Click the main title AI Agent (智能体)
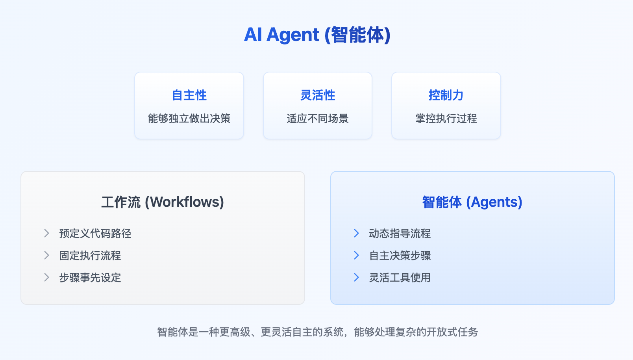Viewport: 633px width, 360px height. [x=317, y=35]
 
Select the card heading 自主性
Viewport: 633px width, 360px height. [x=189, y=95]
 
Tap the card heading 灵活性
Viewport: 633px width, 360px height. [x=318, y=95]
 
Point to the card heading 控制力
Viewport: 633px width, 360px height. [x=446, y=95]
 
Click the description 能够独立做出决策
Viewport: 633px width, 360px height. [x=189, y=119]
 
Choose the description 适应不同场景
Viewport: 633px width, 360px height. [x=318, y=119]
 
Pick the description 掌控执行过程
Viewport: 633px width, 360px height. [x=446, y=119]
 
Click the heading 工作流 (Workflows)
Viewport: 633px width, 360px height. [x=163, y=202]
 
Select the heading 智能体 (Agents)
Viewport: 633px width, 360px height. [x=472, y=202]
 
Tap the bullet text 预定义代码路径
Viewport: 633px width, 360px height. [x=95, y=234]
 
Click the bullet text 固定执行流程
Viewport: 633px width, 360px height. [x=90, y=256]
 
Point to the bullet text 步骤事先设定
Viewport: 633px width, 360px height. [x=90, y=278]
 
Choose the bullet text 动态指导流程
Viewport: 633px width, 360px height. [x=400, y=234]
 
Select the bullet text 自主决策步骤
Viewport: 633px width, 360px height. [x=400, y=256]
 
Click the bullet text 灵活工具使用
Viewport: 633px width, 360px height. [x=400, y=278]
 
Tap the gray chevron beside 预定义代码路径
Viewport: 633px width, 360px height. [x=46, y=234]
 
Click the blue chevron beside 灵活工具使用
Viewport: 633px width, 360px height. [x=356, y=278]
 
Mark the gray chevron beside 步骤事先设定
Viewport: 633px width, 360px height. [x=46, y=278]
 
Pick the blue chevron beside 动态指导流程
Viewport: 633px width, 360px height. [x=356, y=234]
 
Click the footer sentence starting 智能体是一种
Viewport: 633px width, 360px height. [x=317, y=332]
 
